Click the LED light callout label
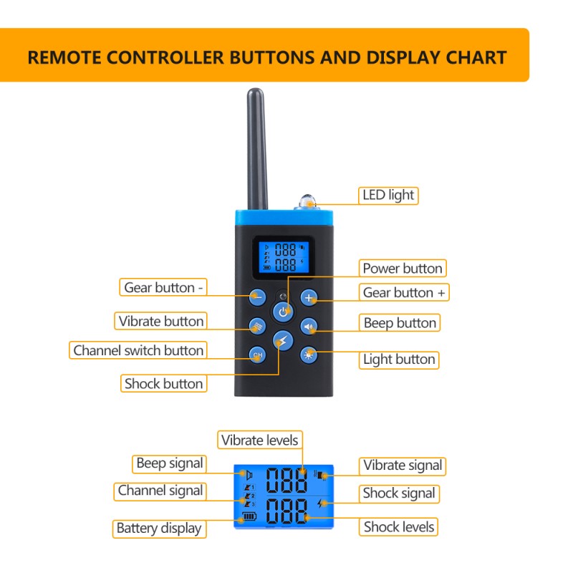point(388,195)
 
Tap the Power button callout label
point(402,269)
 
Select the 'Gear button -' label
point(164,288)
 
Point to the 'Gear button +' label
point(404,292)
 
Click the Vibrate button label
point(161,321)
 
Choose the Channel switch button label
point(138,350)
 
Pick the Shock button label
point(163,383)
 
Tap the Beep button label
point(399,323)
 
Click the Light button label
point(398,360)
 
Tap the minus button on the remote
point(258,297)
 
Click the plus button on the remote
point(308,297)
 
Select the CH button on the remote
point(258,354)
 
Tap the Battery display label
point(158,529)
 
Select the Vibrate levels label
point(259,440)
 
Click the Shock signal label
point(398,493)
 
